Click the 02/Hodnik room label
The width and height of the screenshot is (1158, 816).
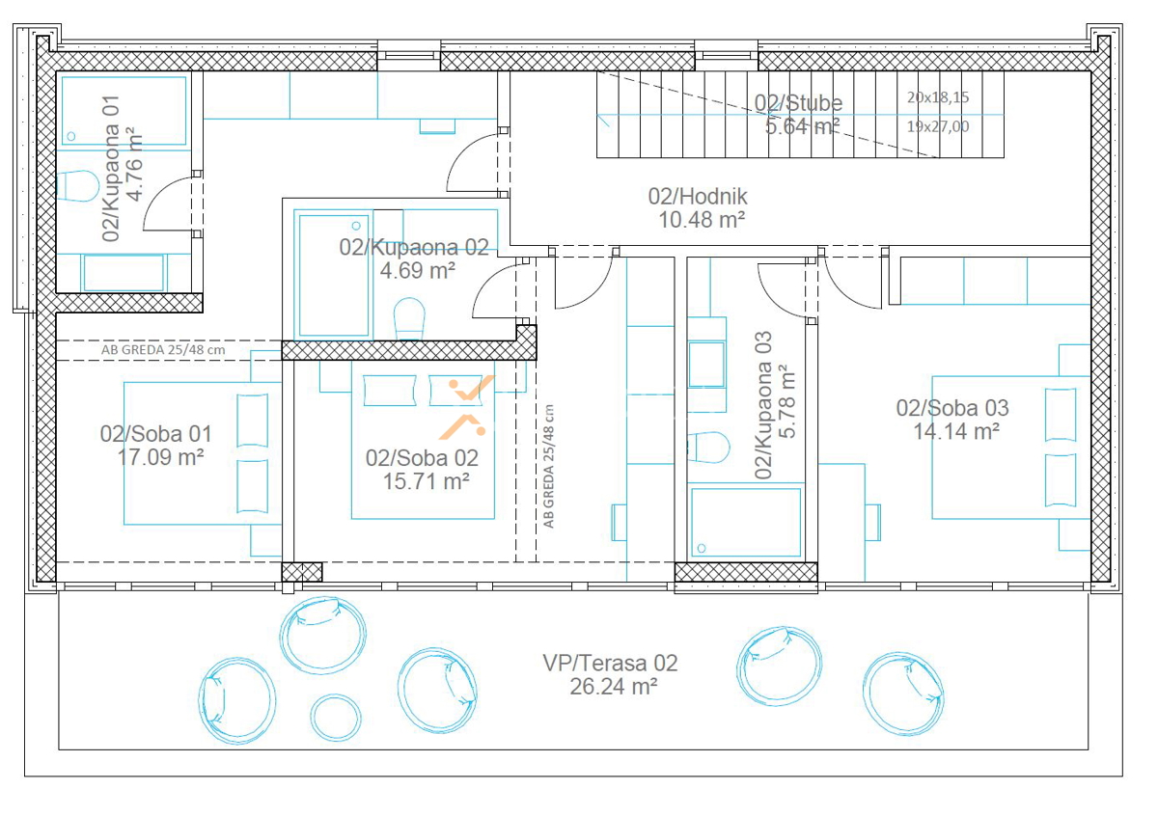698,197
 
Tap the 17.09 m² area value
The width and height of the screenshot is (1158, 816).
161,457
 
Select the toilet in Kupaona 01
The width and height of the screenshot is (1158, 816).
77,186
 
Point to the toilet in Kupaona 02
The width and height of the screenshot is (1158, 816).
409,318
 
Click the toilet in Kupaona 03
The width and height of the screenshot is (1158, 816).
708,448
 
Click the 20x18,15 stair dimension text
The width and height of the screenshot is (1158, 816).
938,97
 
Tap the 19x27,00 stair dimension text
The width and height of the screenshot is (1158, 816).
938,126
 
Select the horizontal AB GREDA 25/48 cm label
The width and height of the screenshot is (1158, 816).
163,350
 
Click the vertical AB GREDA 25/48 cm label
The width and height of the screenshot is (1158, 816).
548,466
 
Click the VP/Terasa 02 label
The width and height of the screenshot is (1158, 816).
610,663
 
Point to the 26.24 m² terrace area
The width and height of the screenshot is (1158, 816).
614,687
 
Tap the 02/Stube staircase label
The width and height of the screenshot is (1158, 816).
798,103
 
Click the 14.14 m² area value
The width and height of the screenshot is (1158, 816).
956,431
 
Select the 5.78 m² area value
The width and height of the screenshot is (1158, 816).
786,401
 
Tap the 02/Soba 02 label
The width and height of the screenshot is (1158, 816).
422,458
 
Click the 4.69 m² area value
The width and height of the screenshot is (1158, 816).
418,270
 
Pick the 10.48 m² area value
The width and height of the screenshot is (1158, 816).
702,220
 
